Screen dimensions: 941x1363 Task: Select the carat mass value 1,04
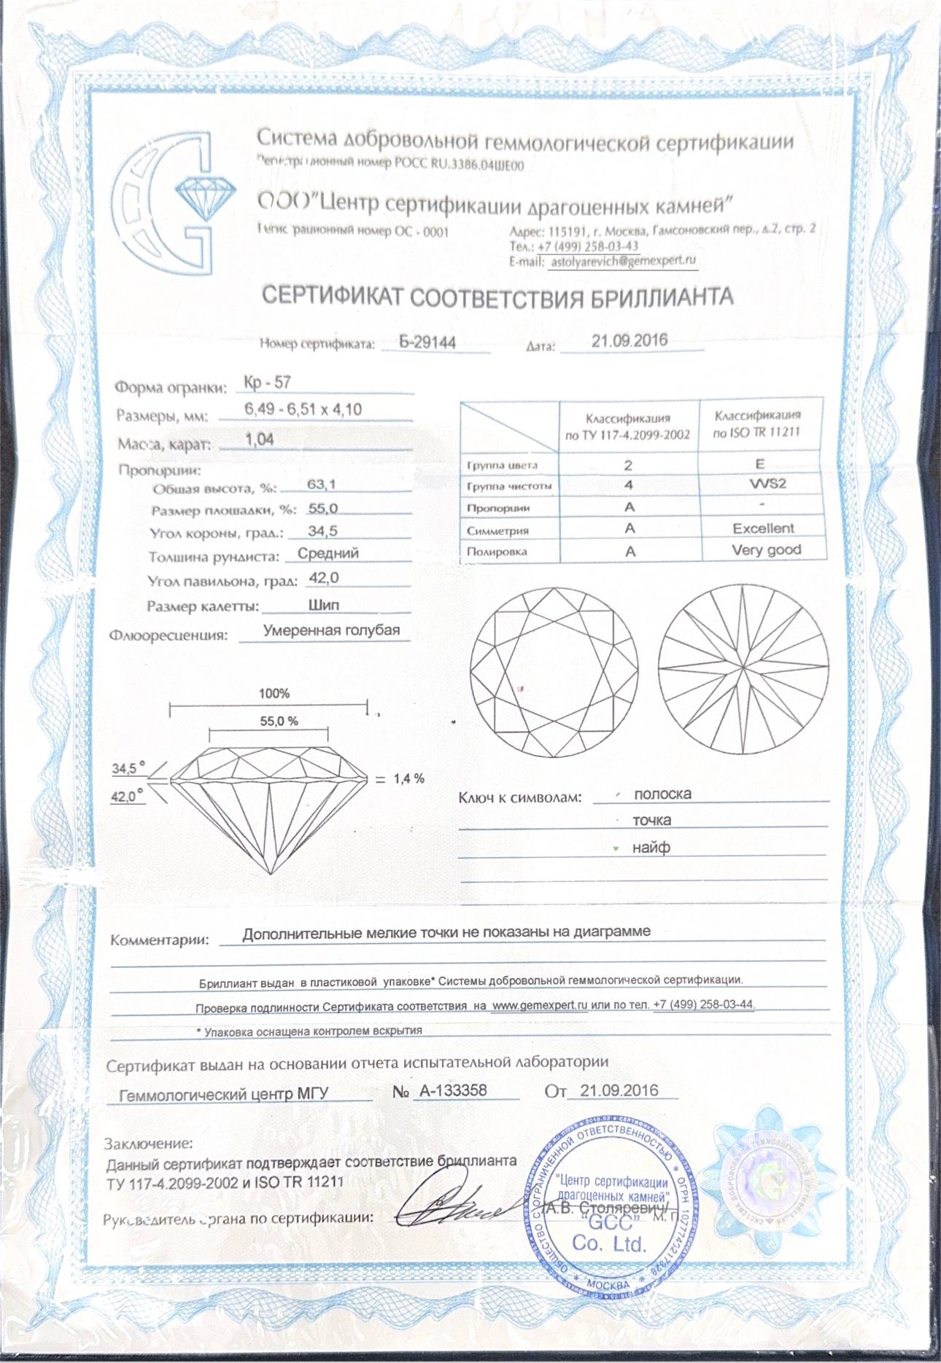(x=260, y=440)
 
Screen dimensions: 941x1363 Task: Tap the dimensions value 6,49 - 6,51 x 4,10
(x=303, y=410)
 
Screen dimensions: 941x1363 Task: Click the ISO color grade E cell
(x=760, y=464)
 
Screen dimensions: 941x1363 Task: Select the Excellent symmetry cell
(x=763, y=528)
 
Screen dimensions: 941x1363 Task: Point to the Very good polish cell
(x=766, y=550)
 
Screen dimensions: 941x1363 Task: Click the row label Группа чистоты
(x=509, y=486)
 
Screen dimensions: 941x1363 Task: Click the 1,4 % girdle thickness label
(x=408, y=778)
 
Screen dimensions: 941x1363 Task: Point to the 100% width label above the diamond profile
(x=274, y=693)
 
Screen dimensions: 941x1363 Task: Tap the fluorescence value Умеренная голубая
(x=331, y=630)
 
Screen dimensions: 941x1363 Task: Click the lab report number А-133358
(x=451, y=1090)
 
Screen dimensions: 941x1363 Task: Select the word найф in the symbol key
(x=651, y=848)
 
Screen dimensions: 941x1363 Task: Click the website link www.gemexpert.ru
(x=539, y=1005)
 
